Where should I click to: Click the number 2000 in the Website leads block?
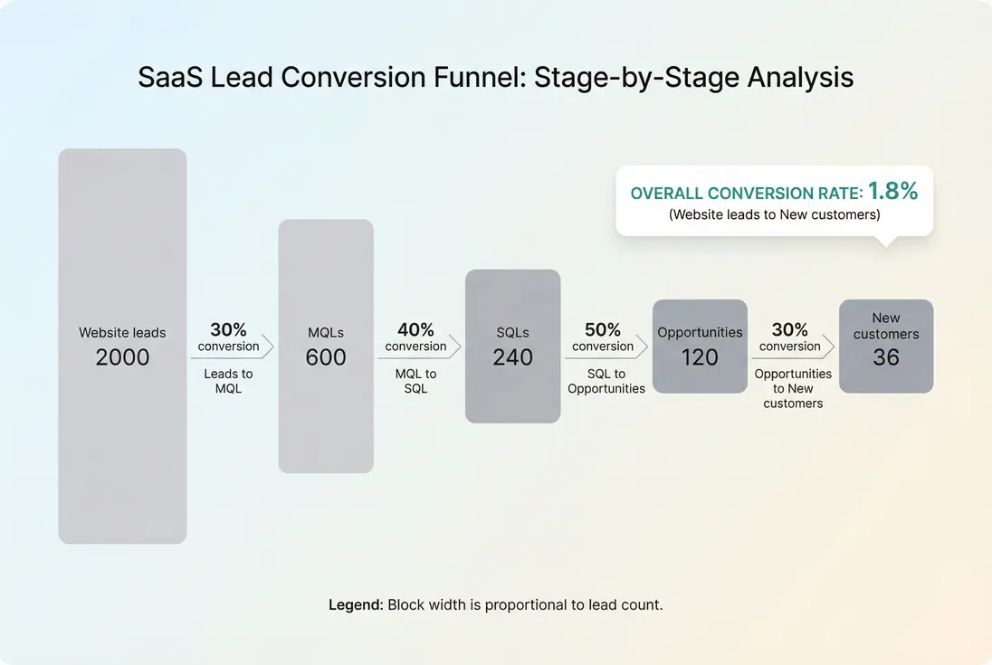tap(122, 357)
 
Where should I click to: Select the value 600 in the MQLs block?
tap(326, 357)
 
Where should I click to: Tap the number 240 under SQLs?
tap(513, 357)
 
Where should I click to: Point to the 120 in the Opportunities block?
tap(700, 357)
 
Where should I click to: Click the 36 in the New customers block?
tap(886, 357)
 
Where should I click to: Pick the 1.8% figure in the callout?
tap(892, 191)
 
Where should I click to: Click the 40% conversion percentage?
tap(415, 330)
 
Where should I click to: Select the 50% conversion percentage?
tap(603, 330)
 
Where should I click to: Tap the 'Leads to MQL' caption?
tap(229, 381)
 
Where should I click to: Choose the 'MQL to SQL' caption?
tap(415, 381)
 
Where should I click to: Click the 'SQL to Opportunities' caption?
tap(606, 381)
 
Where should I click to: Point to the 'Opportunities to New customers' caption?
tap(793, 388)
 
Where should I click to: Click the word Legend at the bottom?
tap(356, 604)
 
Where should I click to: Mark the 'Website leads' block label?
tap(122, 333)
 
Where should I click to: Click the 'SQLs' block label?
tap(513, 333)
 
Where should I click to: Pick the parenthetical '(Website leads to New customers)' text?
tap(774, 215)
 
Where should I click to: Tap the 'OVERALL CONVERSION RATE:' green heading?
tap(747, 194)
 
